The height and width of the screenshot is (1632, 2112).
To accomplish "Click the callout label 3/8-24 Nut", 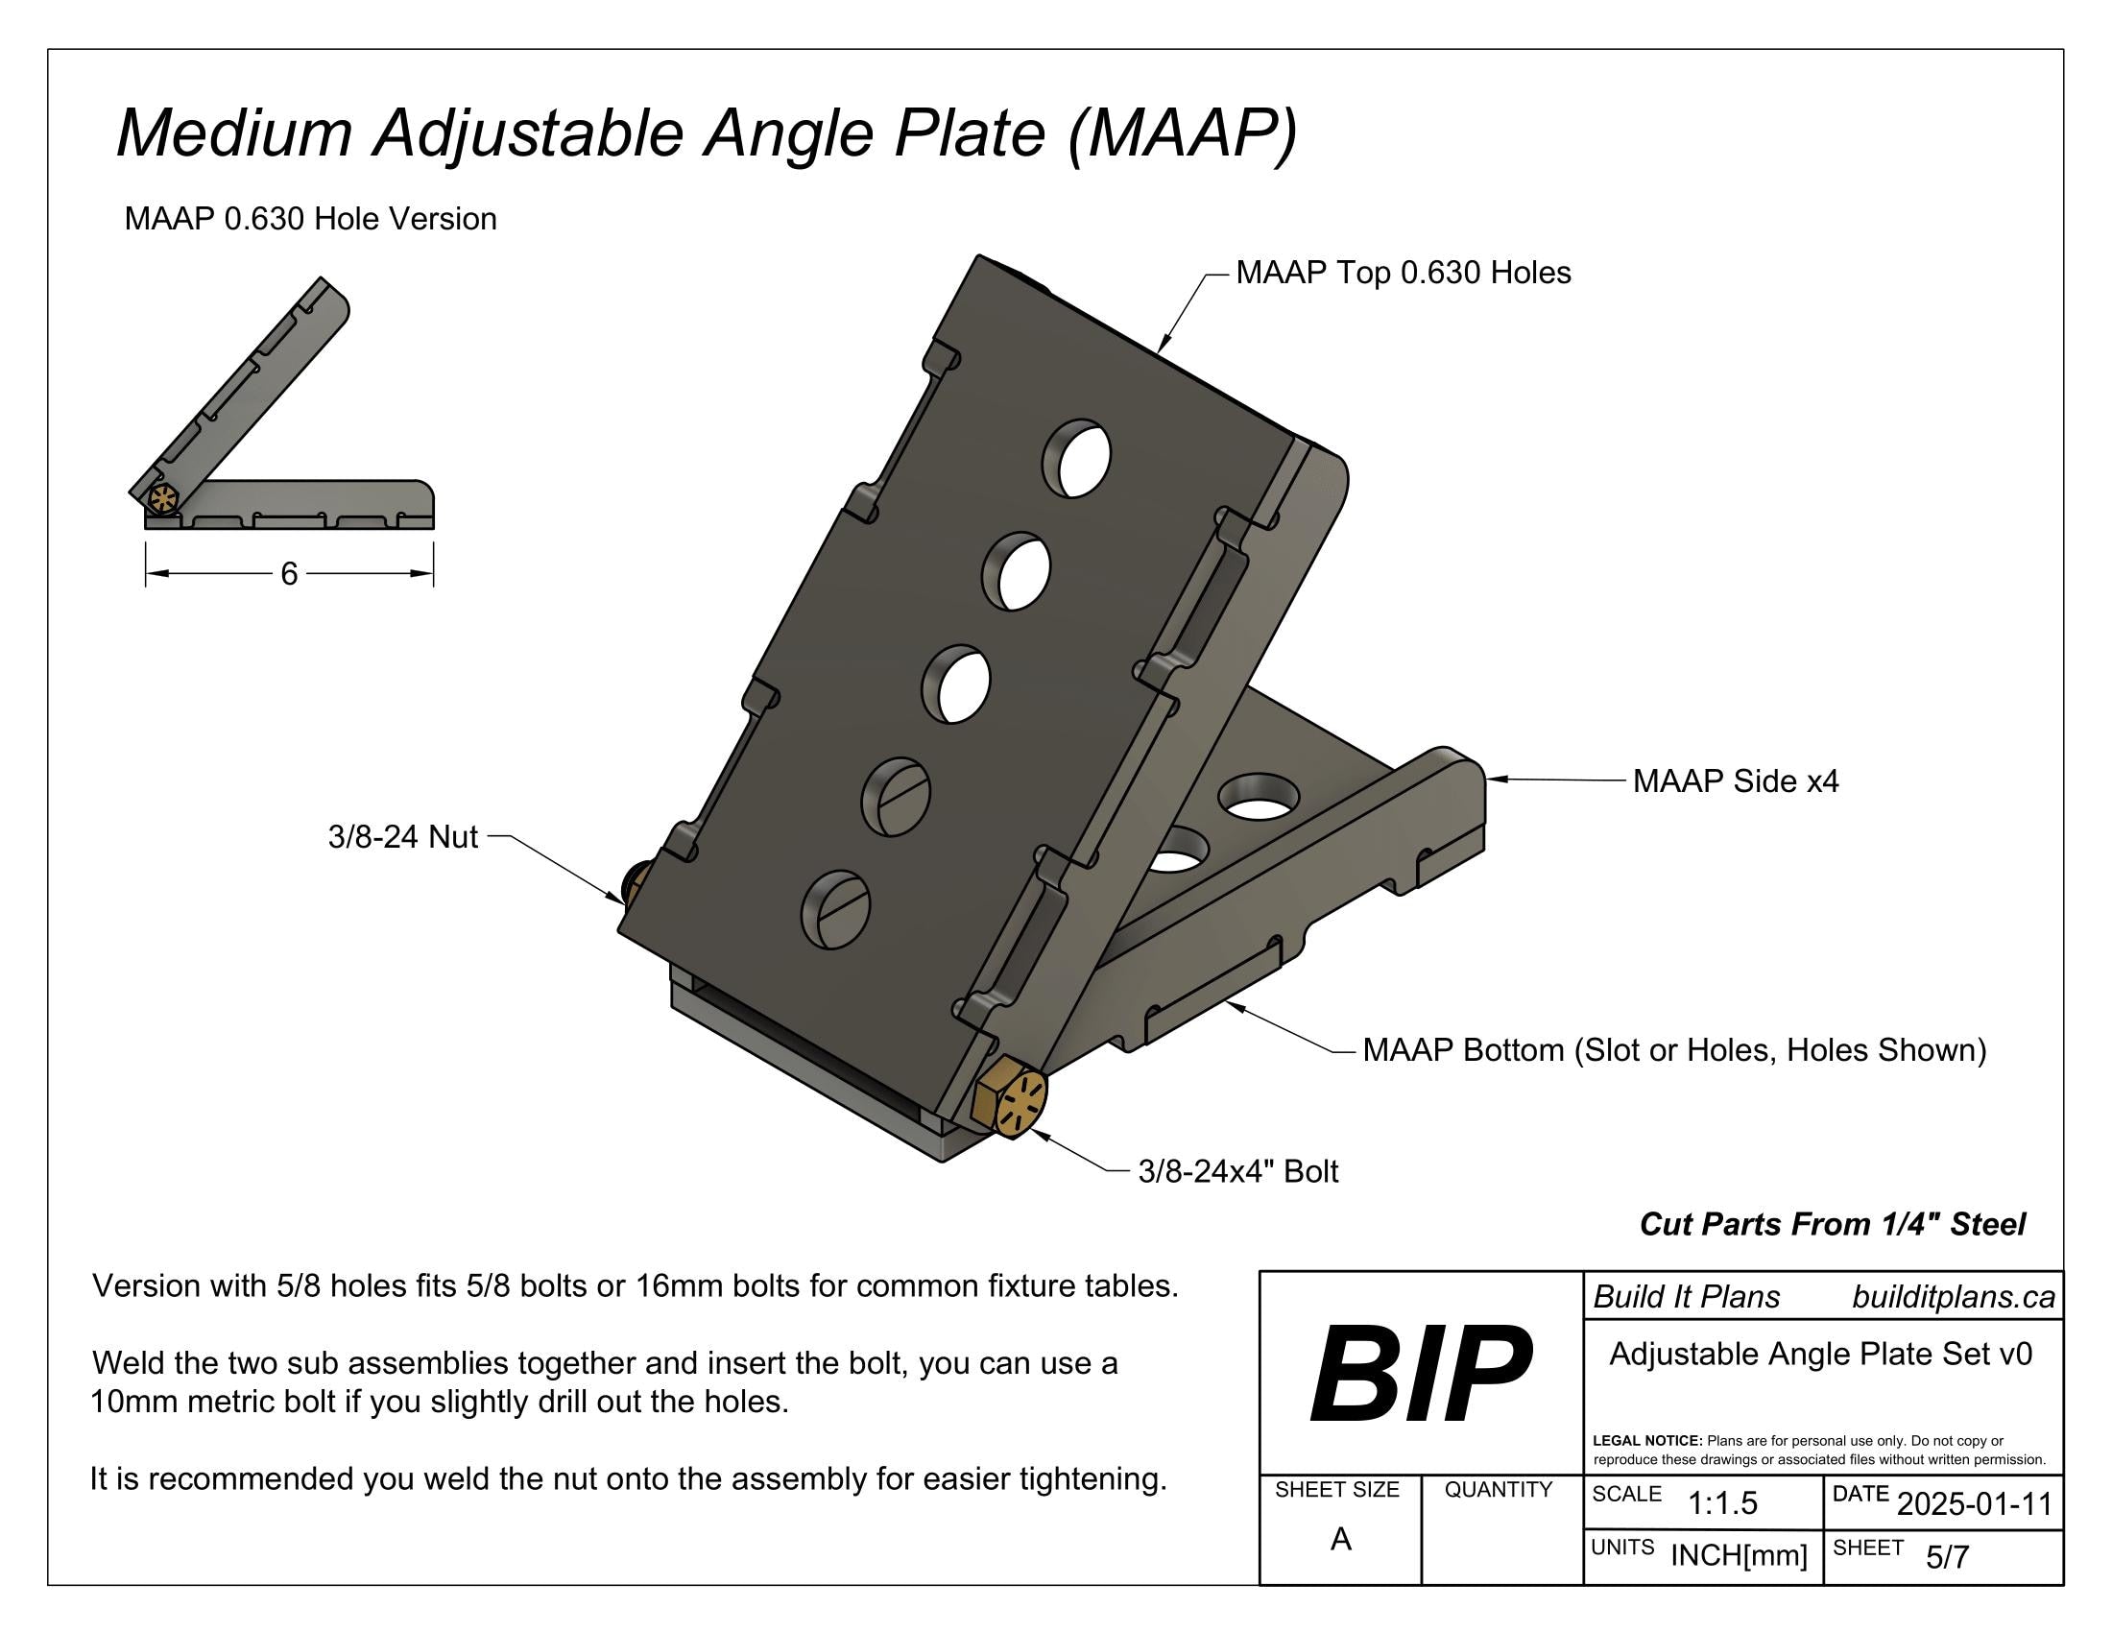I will pos(402,836).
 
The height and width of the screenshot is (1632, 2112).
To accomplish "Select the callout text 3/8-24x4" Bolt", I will pos(1237,1171).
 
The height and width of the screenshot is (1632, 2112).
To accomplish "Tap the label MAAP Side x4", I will pos(1735,780).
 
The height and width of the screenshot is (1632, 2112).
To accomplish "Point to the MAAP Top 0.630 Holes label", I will pos(1404,273).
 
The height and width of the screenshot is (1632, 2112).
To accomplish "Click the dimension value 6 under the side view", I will pos(289,574).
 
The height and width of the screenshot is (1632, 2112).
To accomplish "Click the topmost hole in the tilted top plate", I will pos(1076,458).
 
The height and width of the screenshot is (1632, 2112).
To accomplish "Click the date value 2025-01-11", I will pos(1974,1504).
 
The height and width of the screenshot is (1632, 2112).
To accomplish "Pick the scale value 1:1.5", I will pos(1722,1503).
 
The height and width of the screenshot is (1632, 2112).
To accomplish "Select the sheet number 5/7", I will pos(1947,1556).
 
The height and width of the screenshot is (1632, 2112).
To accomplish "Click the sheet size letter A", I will pos(1340,1539).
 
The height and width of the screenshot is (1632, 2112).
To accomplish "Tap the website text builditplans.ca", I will pos(1953,1298).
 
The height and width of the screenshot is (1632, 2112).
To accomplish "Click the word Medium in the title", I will pos(234,132).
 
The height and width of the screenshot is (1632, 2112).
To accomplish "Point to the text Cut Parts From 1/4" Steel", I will pos(1832,1224).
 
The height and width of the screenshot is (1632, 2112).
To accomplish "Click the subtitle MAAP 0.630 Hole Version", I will pos(310,220).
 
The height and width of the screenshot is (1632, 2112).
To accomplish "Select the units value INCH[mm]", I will pos(1739,1555).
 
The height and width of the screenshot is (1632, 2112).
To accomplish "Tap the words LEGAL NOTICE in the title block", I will pos(1646,1441).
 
